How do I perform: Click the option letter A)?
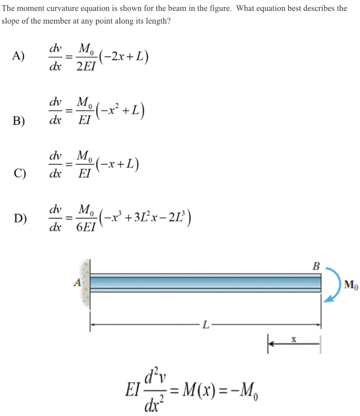18,56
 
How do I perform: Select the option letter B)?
18,121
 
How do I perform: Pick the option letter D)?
18,219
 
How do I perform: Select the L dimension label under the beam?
206,325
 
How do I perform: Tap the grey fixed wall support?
85,283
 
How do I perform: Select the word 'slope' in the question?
11,21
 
